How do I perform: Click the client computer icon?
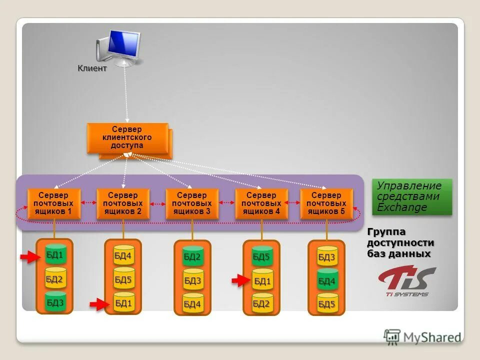click(x=119, y=48)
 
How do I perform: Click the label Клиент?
click(x=92, y=68)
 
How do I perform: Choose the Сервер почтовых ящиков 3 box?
click(x=192, y=203)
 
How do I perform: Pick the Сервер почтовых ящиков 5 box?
click(x=326, y=203)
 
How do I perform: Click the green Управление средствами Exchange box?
click(x=411, y=197)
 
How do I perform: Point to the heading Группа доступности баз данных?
click(x=400, y=243)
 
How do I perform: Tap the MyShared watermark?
click(x=422, y=337)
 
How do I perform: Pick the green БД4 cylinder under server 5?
click(x=327, y=281)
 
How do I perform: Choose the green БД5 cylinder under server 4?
click(x=261, y=257)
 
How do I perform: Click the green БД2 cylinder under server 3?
click(x=192, y=257)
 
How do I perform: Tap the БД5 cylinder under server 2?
click(x=123, y=279)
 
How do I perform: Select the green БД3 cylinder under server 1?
click(x=55, y=302)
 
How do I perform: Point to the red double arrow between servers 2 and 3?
click(x=158, y=203)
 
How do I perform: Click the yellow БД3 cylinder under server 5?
click(x=327, y=257)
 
